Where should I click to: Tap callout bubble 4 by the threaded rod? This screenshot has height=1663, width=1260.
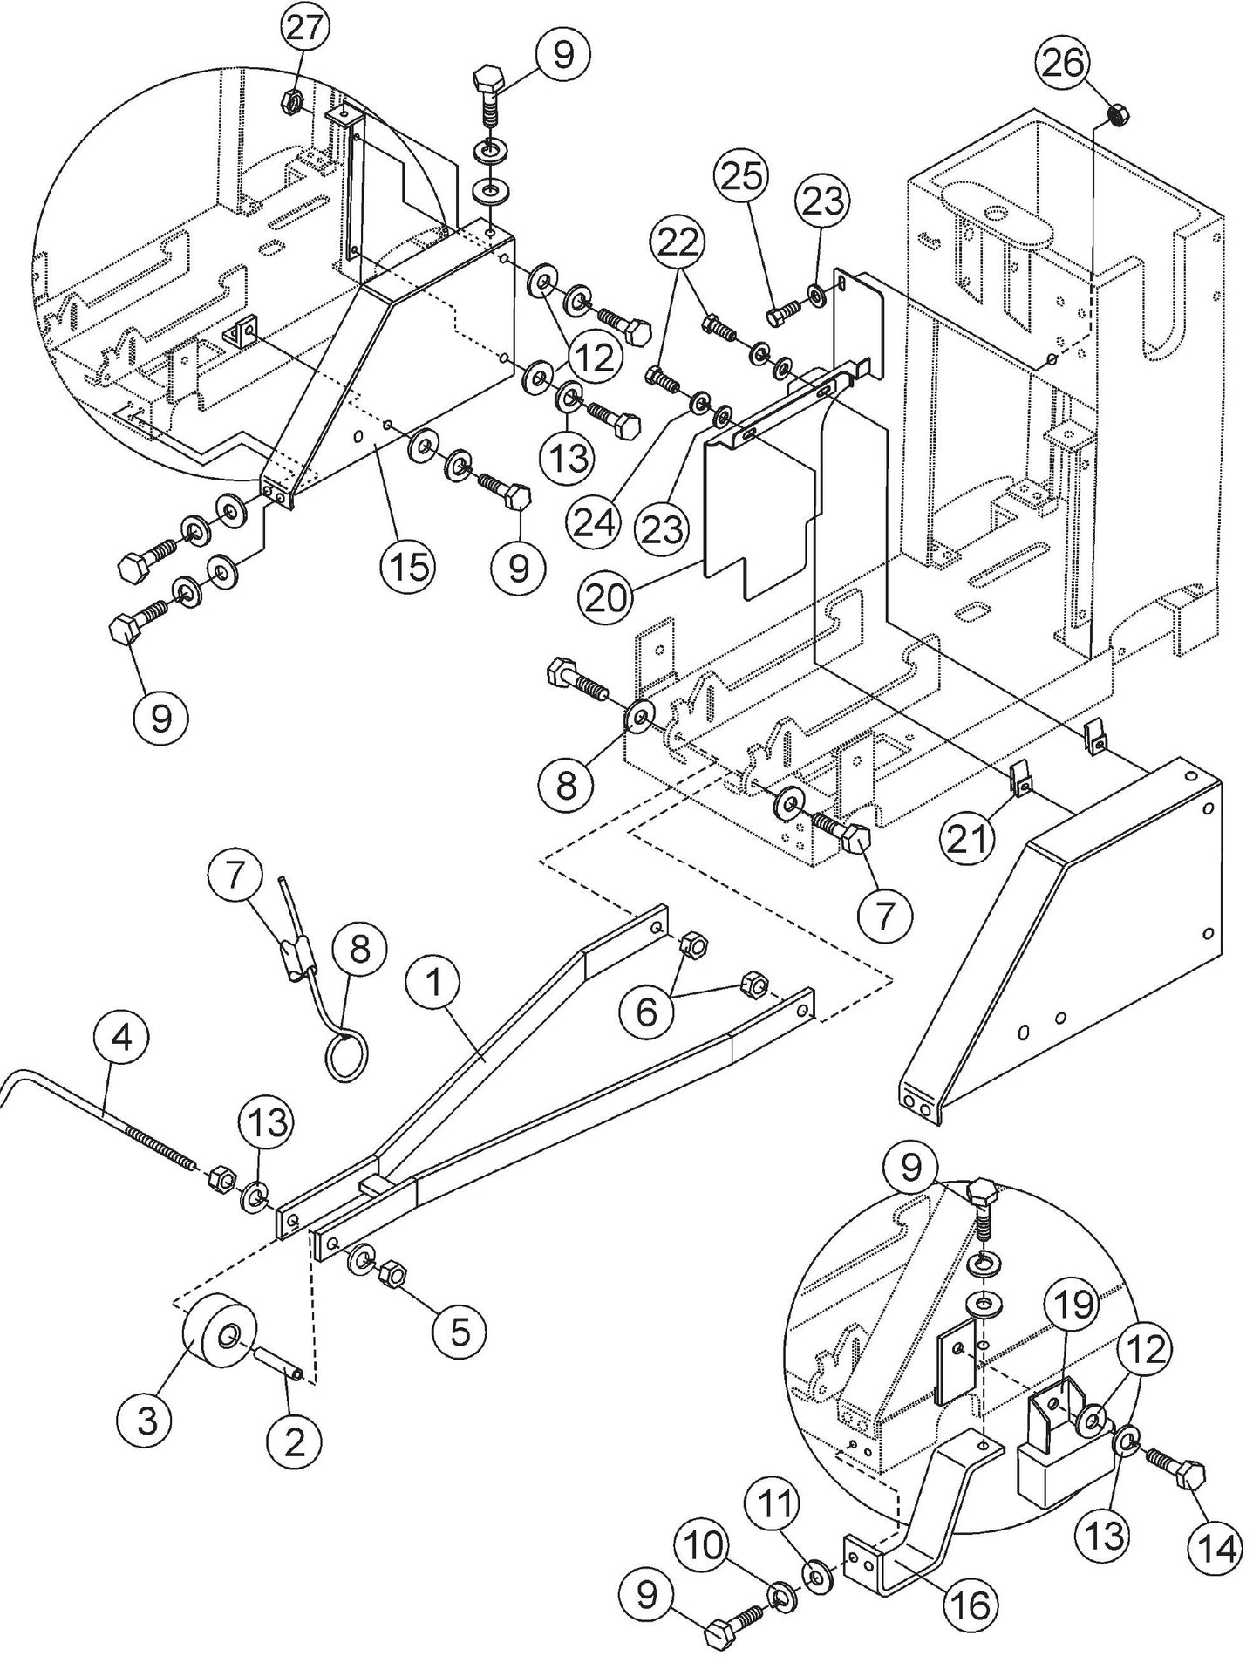pos(123,1038)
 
